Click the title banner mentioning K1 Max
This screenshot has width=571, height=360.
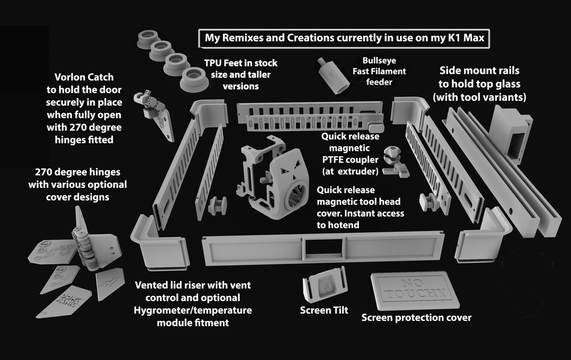pyautogui.click(x=344, y=38)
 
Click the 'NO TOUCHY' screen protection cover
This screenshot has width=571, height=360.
pyautogui.click(x=415, y=290)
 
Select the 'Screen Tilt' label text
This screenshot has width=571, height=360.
pyautogui.click(x=324, y=310)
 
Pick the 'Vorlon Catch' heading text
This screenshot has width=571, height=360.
pyautogui.click(x=84, y=77)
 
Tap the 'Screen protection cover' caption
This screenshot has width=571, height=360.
pyautogui.click(x=416, y=317)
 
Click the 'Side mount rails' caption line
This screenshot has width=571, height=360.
pyautogui.click(x=479, y=71)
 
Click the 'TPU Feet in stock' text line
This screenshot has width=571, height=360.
pyautogui.click(x=241, y=63)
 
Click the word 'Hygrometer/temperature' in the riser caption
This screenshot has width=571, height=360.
pyautogui.click(x=193, y=310)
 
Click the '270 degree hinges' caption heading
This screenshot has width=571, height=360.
pyautogui.click(x=77, y=172)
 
